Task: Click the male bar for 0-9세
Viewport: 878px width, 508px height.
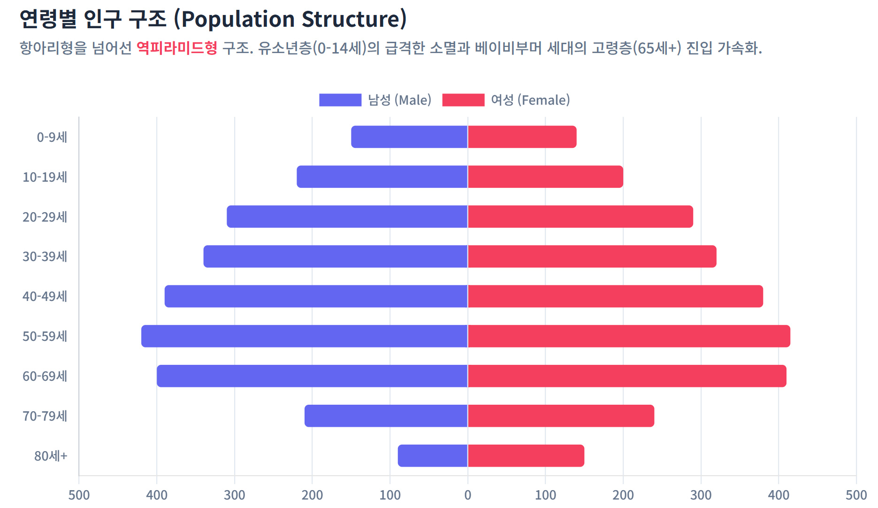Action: coord(409,137)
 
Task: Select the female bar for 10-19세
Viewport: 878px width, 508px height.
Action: coord(545,177)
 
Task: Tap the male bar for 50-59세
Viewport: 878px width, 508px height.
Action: coord(304,336)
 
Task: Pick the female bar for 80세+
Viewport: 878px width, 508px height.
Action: coord(526,456)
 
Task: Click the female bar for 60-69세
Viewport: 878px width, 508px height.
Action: coord(627,376)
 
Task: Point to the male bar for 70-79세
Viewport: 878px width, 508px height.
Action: coord(386,416)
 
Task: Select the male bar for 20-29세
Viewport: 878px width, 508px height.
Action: coord(347,216)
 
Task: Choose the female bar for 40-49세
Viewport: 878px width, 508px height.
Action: coord(615,296)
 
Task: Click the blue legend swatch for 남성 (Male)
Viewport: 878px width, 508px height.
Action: coord(340,100)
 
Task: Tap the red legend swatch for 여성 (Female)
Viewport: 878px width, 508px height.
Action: coord(463,100)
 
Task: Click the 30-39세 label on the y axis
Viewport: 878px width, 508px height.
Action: coord(45,256)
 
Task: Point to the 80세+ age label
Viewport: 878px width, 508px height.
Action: coord(51,456)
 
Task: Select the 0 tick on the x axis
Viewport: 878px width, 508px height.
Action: coord(467,495)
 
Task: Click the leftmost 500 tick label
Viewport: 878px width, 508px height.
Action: coord(79,495)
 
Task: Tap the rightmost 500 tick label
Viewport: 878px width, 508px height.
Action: coord(856,495)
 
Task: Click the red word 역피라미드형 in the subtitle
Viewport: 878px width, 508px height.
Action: coord(177,48)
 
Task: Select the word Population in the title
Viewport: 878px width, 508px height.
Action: coord(238,19)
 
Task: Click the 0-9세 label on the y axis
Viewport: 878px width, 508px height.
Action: coord(52,137)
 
